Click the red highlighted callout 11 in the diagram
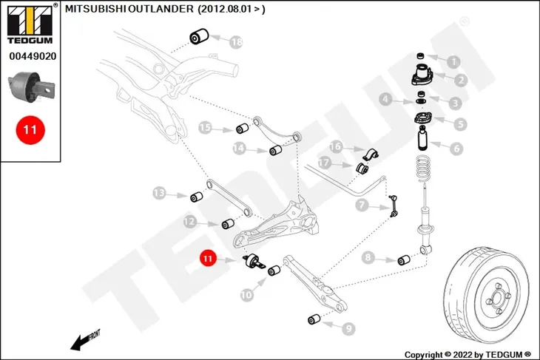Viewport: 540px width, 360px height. point(208,258)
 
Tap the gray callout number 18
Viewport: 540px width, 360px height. point(236,42)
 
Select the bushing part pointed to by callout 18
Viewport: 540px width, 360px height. point(199,36)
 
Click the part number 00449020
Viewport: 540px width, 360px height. point(33,56)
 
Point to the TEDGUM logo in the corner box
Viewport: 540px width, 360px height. point(30,24)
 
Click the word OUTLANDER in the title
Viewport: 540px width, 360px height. point(161,9)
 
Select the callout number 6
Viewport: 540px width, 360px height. point(456,149)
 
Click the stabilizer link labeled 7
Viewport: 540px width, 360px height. point(394,206)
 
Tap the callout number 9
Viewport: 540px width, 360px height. point(349,329)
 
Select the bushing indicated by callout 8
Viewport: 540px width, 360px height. point(404,260)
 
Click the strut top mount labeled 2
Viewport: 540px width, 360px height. point(422,75)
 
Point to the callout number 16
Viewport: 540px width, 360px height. point(336,146)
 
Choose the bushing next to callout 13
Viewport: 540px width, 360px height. point(196,197)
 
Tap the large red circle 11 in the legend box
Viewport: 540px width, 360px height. point(30,130)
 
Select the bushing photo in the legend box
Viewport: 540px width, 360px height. point(31,86)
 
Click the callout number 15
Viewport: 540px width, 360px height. point(205,128)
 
